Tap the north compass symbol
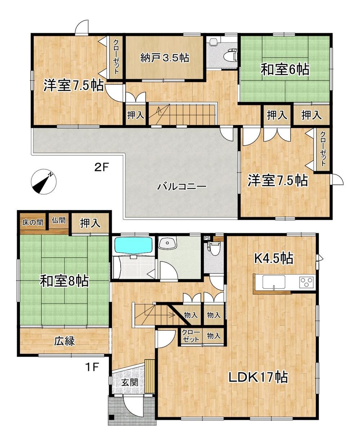43,181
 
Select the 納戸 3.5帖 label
165,58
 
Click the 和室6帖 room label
285,70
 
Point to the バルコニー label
182,186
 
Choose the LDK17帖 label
258,377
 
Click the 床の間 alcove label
33,222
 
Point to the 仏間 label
59,220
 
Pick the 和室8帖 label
64,281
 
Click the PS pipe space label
207,238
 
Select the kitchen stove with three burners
306,281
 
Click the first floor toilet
213,248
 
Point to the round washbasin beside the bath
167,243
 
